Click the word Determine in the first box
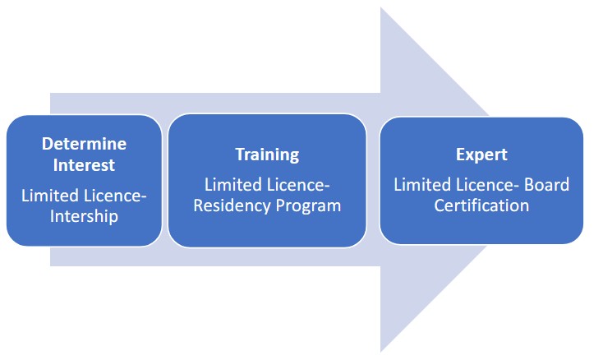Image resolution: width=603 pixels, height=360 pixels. (x=84, y=144)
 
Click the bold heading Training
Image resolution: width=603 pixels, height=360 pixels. (x=267, y=155)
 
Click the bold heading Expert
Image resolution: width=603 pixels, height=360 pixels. (x=481, y=155)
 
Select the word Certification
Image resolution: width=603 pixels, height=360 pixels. (x=482, y=205)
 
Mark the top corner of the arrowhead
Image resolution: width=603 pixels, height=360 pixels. (x=381, y=8)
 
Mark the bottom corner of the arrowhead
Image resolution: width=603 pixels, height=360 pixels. (x=381, y=351)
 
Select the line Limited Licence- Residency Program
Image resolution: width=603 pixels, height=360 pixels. (x=267, y=195)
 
